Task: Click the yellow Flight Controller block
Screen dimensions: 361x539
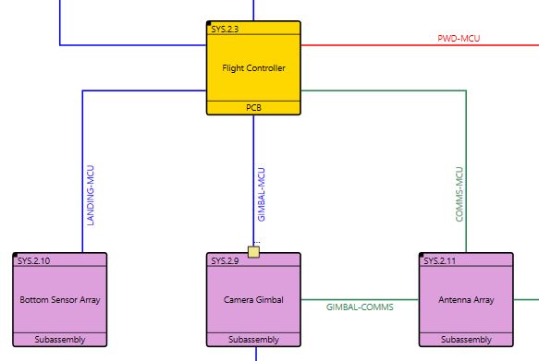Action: [253, 68]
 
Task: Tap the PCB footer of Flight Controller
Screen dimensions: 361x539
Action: [253, 108]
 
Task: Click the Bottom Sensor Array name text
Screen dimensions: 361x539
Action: [60, 300]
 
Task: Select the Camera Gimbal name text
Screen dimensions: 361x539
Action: [253, 300]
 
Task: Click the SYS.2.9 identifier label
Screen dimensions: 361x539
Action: [225, 261]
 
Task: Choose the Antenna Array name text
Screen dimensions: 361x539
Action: [466, 300]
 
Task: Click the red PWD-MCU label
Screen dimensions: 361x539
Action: [459, 39]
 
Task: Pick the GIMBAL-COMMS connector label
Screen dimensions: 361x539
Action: [360, 307]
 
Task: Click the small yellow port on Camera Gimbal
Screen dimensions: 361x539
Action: [253, 251]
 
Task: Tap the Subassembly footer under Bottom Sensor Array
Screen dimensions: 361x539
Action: [60, 340]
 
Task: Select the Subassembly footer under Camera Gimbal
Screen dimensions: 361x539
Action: [253, 340]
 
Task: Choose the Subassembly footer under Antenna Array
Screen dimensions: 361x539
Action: [466, 340]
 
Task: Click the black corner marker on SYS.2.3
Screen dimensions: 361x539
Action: [208, 23]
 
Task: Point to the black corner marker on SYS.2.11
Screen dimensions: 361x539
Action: [422, 255]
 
